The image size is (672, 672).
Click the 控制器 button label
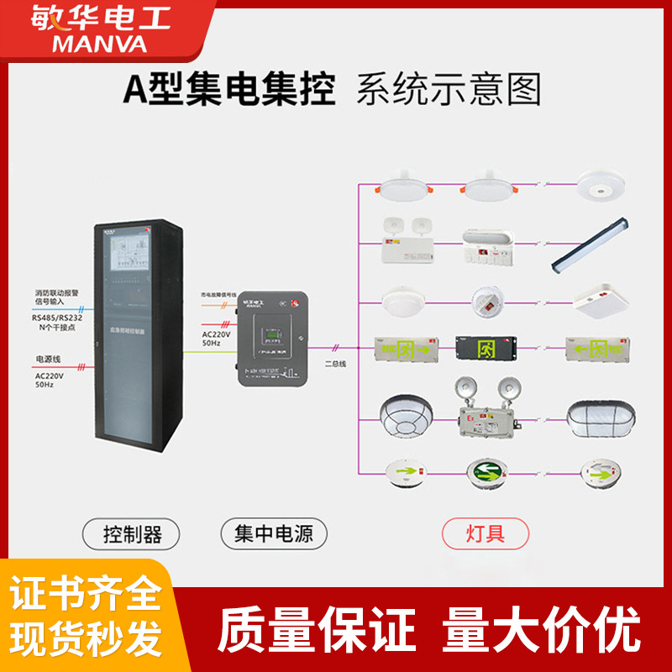133,533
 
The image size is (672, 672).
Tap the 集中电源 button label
274,533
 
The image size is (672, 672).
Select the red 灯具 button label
486,533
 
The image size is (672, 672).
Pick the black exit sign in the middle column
486,347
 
